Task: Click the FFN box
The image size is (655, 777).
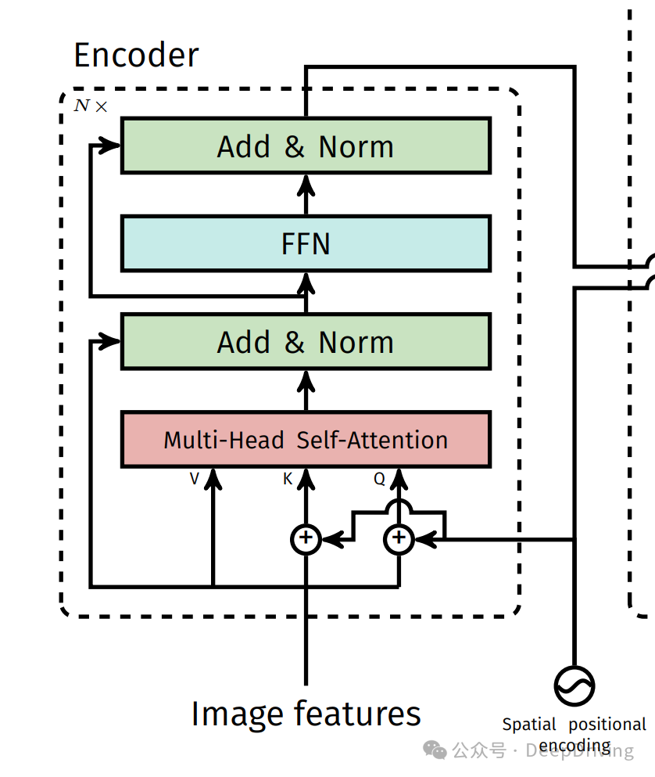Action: [x=306, y=244]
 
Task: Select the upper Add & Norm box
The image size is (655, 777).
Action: [x=306, y=146]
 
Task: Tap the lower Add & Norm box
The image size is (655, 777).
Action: [x=306, y=342]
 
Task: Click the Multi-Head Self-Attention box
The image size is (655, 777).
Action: [x=306, y=440]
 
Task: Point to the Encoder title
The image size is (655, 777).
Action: [x=136, y=56]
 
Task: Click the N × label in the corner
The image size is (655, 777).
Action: [x=91, y=106]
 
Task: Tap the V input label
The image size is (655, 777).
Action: [x=195, y=479]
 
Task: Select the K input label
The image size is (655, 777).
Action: [x=288, y=479]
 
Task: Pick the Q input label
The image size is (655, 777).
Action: [x=379, y=479]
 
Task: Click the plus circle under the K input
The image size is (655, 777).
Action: [x=306, y=538]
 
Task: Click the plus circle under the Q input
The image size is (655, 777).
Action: [x=399, y=538]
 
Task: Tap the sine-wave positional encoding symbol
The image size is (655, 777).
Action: [x=574, y=686]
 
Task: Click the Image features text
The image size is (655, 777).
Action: [x=306, y=714]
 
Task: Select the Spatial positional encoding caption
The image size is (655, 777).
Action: [x=574, y=734]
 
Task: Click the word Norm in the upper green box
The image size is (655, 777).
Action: [x=356, y=146]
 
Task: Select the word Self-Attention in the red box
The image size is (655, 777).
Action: [x=372, y=440]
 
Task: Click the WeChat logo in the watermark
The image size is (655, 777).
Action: [x=435, y=750]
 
